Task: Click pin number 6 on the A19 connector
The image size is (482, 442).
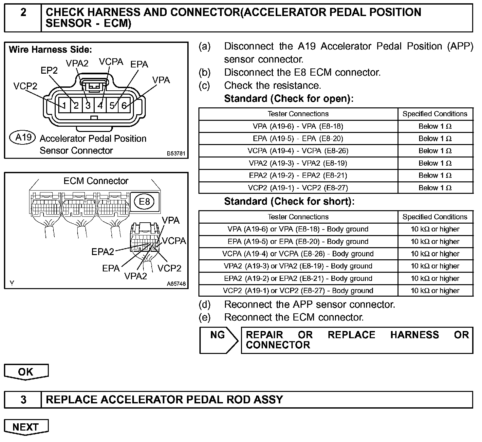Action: pos(124,105)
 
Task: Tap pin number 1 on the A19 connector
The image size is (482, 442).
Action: pos(65,106)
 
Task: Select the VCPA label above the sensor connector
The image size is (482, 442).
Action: pos(111,62)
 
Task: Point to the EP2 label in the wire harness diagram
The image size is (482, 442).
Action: pos(49,70)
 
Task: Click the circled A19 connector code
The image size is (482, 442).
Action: pos(23,137)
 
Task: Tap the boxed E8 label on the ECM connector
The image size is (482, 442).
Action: pos(144,201)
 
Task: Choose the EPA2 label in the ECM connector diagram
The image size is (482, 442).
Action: pos(102,251)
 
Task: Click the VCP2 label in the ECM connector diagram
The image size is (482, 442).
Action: pos(169,268)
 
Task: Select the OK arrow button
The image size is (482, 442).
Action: pos(26,372)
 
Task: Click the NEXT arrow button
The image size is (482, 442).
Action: pos(26,427)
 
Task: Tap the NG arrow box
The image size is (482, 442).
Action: pos(218,340)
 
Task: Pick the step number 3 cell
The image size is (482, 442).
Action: pos(23,399)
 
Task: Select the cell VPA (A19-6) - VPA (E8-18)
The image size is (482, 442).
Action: pos(298,126)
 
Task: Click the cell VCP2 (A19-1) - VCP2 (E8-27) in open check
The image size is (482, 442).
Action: pos(298,188)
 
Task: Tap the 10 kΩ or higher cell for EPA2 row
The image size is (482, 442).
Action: pos(435,279)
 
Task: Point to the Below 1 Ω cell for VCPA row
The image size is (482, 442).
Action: pos(435,151)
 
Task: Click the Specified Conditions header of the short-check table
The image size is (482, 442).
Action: pos(435,217)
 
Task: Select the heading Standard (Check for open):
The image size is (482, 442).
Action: pos(289,99)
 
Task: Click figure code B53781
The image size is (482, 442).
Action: pos(176,153)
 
